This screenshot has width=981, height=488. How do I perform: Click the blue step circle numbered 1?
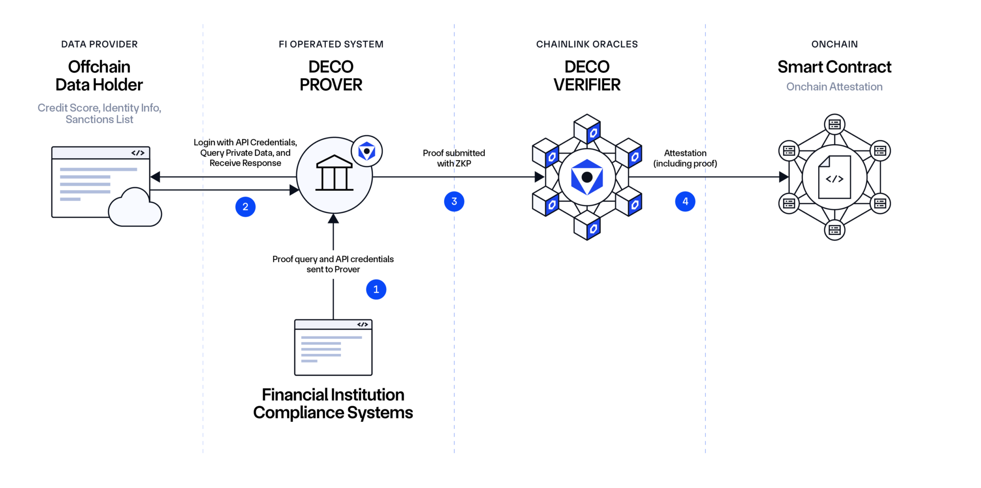point(376,290)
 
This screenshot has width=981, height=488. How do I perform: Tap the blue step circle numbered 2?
point(245,207)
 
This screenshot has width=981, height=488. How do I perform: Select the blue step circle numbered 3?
point(454,201)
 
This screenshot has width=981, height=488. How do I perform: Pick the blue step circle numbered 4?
point(685,201)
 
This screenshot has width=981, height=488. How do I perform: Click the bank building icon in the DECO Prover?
point(334,173)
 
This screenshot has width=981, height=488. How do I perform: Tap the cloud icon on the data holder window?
point(135,209)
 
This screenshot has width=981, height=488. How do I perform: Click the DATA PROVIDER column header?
point(99,44)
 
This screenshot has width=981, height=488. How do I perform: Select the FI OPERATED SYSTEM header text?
point(331,44)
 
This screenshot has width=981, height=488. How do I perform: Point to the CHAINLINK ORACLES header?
point(587,44)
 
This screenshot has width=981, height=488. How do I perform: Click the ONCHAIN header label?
point(834,44)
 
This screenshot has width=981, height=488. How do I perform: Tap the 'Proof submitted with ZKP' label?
point(454,158)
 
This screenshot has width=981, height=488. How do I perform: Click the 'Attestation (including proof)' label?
point(685,158)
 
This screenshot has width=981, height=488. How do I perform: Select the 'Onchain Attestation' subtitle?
point(834,87)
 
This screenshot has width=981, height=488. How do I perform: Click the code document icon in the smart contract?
point(834,177)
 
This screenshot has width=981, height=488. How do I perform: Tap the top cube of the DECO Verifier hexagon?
point(587,128)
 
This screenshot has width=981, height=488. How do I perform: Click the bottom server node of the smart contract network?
point(834,230)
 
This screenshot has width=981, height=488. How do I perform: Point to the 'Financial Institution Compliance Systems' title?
point(333,404)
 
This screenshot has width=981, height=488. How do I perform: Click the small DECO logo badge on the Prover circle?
point(366,151)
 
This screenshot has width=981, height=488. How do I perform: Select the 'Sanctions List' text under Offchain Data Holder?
point(99,119)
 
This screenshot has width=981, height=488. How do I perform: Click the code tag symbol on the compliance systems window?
point(363,325)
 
